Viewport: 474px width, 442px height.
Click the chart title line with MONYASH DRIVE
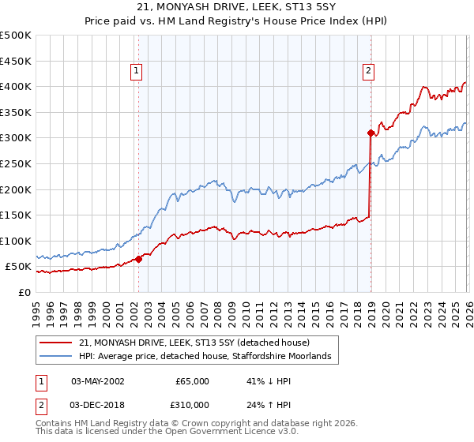[x=236, y=8]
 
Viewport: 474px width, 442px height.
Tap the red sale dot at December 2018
[x=371, y=133]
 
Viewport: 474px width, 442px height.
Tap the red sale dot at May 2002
[x=139, y=259]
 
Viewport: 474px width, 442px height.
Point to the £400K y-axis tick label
[x=15, y=86]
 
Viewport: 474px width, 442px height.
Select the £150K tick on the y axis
[x=15, y=215]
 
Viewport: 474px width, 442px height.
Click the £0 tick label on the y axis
[x=25, y=292]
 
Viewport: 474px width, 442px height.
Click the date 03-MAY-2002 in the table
[x=97, y=381]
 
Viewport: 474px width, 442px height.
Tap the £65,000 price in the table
[x=192, y=381]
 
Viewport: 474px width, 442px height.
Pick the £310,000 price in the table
[x=192, y=404]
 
